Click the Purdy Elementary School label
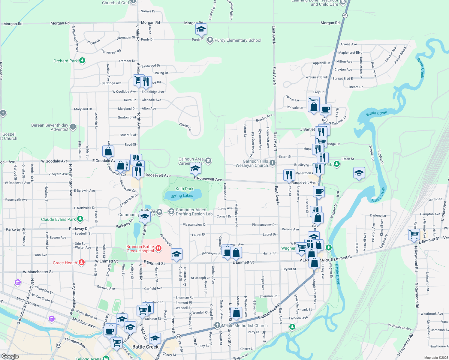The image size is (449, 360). click(238, 40)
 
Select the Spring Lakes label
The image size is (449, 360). click(182, 196)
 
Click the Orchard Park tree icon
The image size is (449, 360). click(82, 61)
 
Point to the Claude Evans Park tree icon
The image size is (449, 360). click(80, 219)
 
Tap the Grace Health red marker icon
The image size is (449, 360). click(81, 262)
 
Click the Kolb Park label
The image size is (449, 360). click(185, 189)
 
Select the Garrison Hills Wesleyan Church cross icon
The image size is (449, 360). click(273, 163)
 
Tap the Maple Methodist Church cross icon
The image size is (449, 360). click(217, 325)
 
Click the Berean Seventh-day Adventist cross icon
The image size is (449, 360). click(73, 127)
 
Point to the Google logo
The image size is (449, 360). click(10, 356)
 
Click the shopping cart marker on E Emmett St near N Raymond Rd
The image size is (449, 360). click(414, 234)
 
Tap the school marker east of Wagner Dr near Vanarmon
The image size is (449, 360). click(359, 173)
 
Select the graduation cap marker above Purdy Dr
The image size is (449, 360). click(201, 29)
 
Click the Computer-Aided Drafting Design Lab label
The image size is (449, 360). click(194, 212)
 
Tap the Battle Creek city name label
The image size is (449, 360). click(145, 347)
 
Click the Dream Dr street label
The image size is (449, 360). click(355, 87)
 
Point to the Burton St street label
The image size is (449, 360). click(435, 199)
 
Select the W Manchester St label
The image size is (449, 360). click(38, 272)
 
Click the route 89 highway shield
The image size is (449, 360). click(59, 345)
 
